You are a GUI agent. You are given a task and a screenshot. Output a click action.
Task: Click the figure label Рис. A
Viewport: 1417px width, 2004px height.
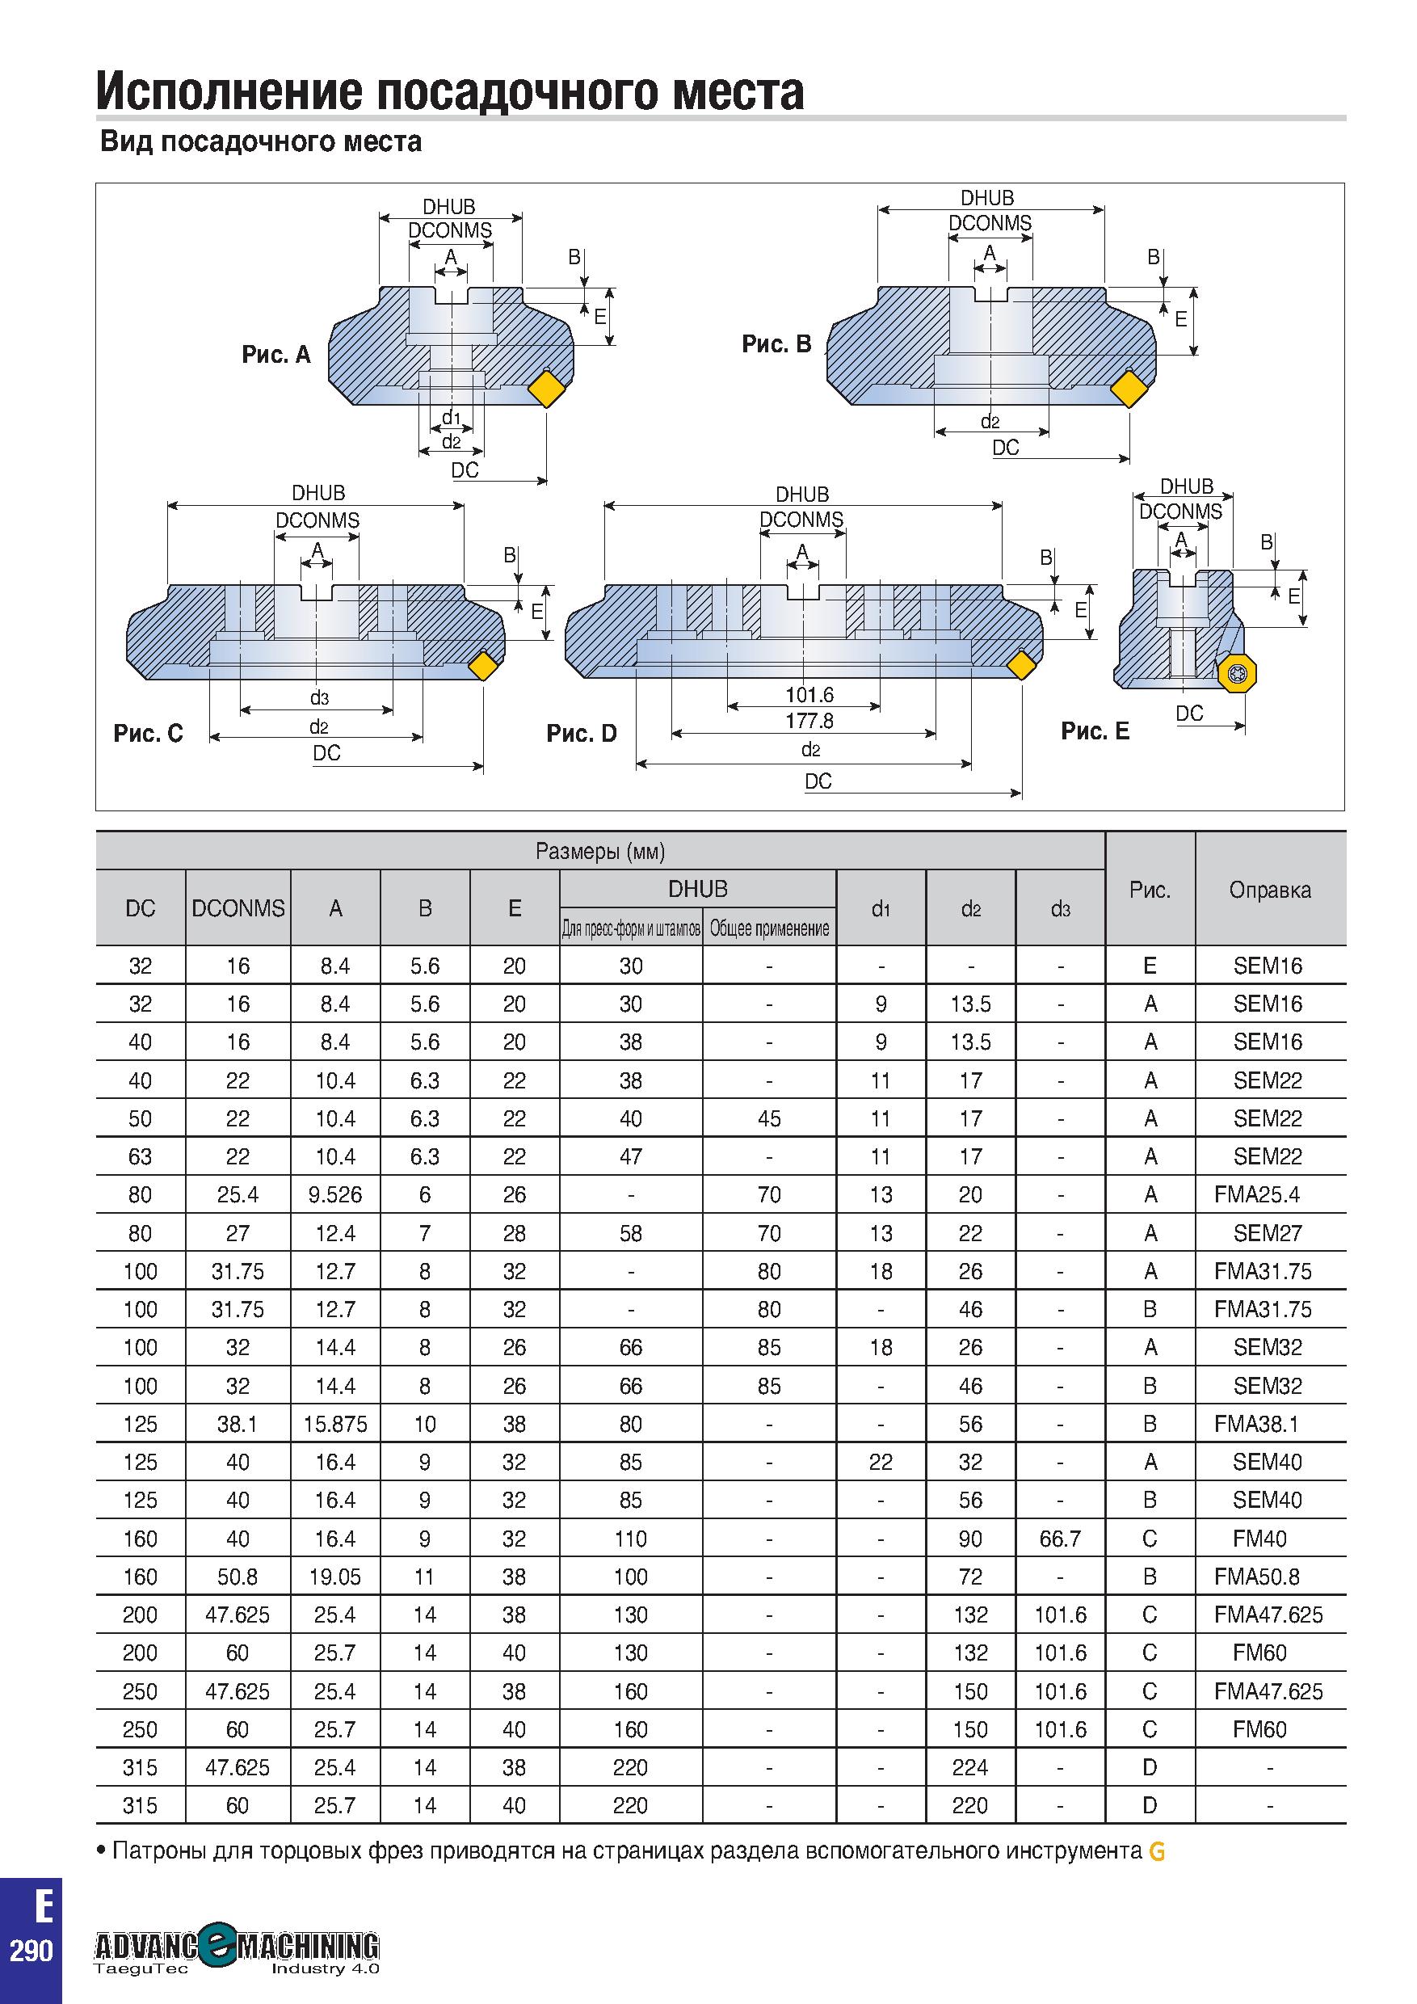tap(275, 355)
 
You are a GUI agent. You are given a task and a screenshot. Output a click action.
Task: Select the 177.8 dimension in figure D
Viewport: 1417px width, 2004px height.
tap(809, 721)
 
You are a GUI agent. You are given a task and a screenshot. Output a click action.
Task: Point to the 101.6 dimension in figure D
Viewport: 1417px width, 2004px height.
tap(809, 695)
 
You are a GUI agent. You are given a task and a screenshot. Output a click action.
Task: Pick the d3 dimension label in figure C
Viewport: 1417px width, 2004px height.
tap(319, 698)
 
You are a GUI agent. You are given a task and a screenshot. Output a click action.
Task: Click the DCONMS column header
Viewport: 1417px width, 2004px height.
tap(238, 908)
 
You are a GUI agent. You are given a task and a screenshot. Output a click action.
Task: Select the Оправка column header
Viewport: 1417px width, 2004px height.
tap(1269, 890)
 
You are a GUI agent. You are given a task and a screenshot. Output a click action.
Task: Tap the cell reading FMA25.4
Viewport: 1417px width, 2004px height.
tap(1256, 1195)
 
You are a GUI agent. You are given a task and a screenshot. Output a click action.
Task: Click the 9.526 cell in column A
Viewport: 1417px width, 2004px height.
tap(335, 1195)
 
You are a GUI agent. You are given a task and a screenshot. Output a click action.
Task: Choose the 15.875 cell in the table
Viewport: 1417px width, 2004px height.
tap(335, 1425)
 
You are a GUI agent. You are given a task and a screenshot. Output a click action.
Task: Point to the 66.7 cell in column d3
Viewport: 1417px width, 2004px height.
tap(1060, 1539)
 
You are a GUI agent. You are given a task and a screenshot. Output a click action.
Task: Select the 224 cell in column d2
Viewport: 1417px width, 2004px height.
tap(970, 1768)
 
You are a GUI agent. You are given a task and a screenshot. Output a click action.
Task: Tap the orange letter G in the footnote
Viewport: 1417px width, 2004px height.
tap(1157, 1852)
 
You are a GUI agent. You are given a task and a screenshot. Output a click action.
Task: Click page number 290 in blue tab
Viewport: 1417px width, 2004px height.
tap(32, 1951)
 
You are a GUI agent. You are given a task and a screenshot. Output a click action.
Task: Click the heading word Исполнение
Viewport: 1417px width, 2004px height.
tap(228, 91)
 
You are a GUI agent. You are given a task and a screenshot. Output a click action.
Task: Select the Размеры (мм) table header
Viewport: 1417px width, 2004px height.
tap(600, 851)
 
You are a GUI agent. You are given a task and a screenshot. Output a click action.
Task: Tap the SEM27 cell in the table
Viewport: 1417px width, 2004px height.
tap(1268, 1233)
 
